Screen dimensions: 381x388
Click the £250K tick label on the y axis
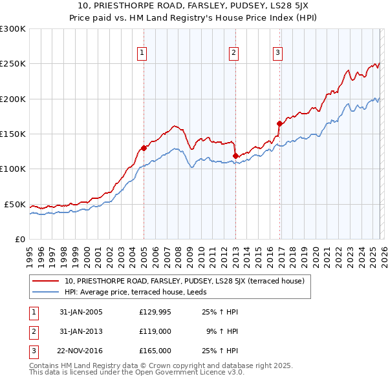[12, 64]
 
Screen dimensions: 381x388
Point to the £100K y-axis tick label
[12, 169]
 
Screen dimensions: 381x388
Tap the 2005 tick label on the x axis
[144, 251]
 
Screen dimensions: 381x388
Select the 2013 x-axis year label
[235, 251]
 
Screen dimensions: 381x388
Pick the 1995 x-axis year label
[30, 251]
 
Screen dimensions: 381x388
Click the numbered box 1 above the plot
[142, 54]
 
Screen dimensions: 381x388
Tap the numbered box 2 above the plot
[233, 54]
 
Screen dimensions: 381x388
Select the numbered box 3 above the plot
[277, 54]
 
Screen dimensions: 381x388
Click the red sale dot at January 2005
[144, 148]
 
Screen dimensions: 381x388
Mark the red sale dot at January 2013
[235, 156]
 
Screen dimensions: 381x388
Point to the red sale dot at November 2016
[279, 123]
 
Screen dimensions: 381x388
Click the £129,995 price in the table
[155, 312]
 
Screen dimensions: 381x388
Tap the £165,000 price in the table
[155, 351]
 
